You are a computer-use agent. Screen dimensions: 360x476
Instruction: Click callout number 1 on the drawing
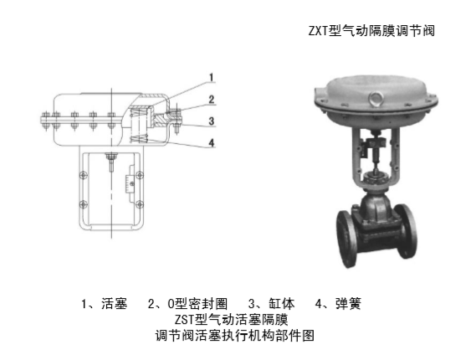[212, 77]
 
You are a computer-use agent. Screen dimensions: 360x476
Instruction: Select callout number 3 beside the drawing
[212, 120]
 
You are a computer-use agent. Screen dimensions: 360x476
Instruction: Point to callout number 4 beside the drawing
[212, 141]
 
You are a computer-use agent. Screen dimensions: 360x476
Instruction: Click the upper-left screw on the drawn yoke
[83, 174]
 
